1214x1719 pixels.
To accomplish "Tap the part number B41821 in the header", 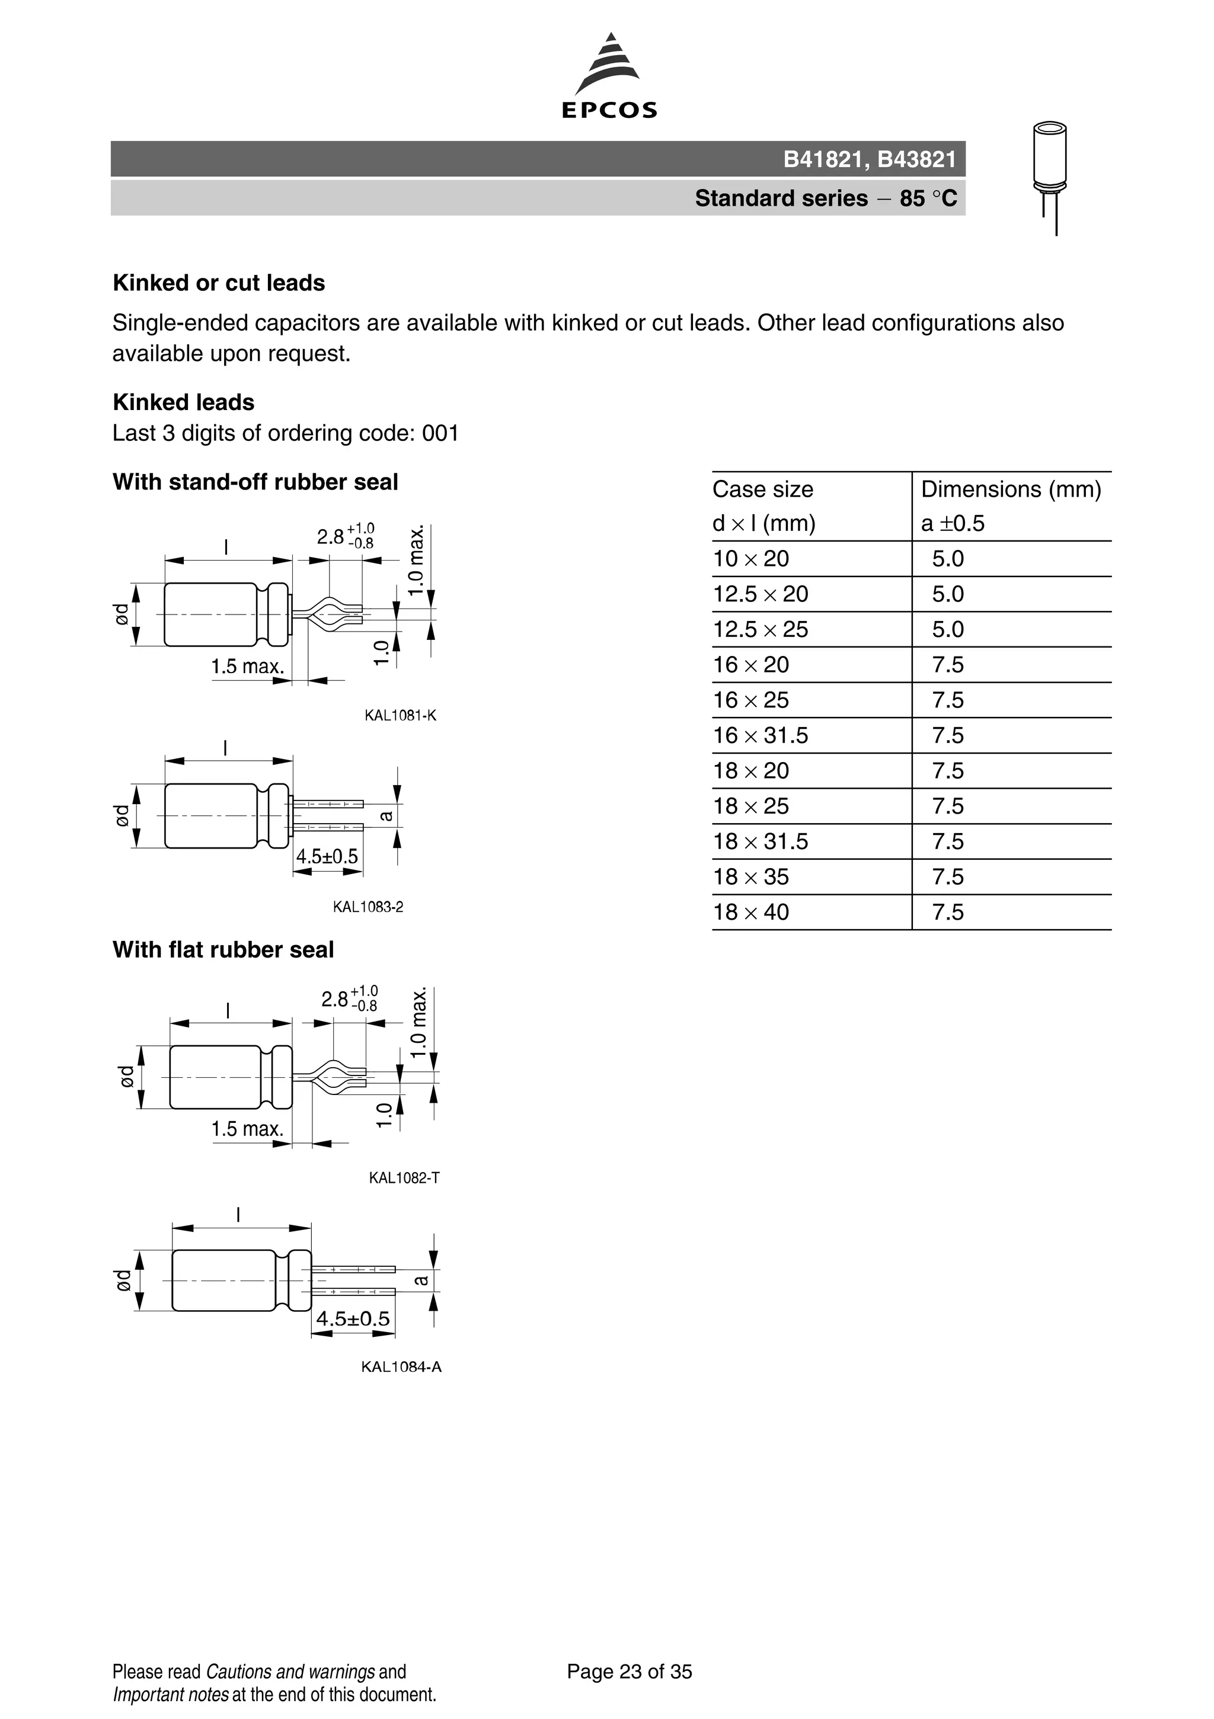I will (822, 159).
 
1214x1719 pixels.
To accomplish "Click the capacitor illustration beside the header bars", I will (1050, 177).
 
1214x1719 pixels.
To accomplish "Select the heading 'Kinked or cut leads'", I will (219, 283).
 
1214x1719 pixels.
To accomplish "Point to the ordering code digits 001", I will (440, 434).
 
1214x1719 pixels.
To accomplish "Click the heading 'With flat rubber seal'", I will (223, 950).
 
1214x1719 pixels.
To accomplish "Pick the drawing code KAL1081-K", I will (400, 716).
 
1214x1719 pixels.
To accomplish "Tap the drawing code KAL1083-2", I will (368, 907).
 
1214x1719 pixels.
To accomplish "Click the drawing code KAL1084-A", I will (401, 1367).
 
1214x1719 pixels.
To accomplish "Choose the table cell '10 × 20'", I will (750, 559).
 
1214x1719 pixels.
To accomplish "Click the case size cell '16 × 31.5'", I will (760, 736).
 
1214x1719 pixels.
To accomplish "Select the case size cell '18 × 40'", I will (750, 913).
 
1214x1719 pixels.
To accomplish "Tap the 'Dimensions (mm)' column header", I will (1010, 489).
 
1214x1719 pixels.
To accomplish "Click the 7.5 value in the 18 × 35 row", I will (947, 878).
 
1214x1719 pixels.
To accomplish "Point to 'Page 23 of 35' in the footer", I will (629, 1672).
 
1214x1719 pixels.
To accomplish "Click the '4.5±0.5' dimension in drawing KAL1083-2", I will (327, 856).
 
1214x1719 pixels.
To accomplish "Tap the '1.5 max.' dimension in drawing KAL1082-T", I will (247, 1129).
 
